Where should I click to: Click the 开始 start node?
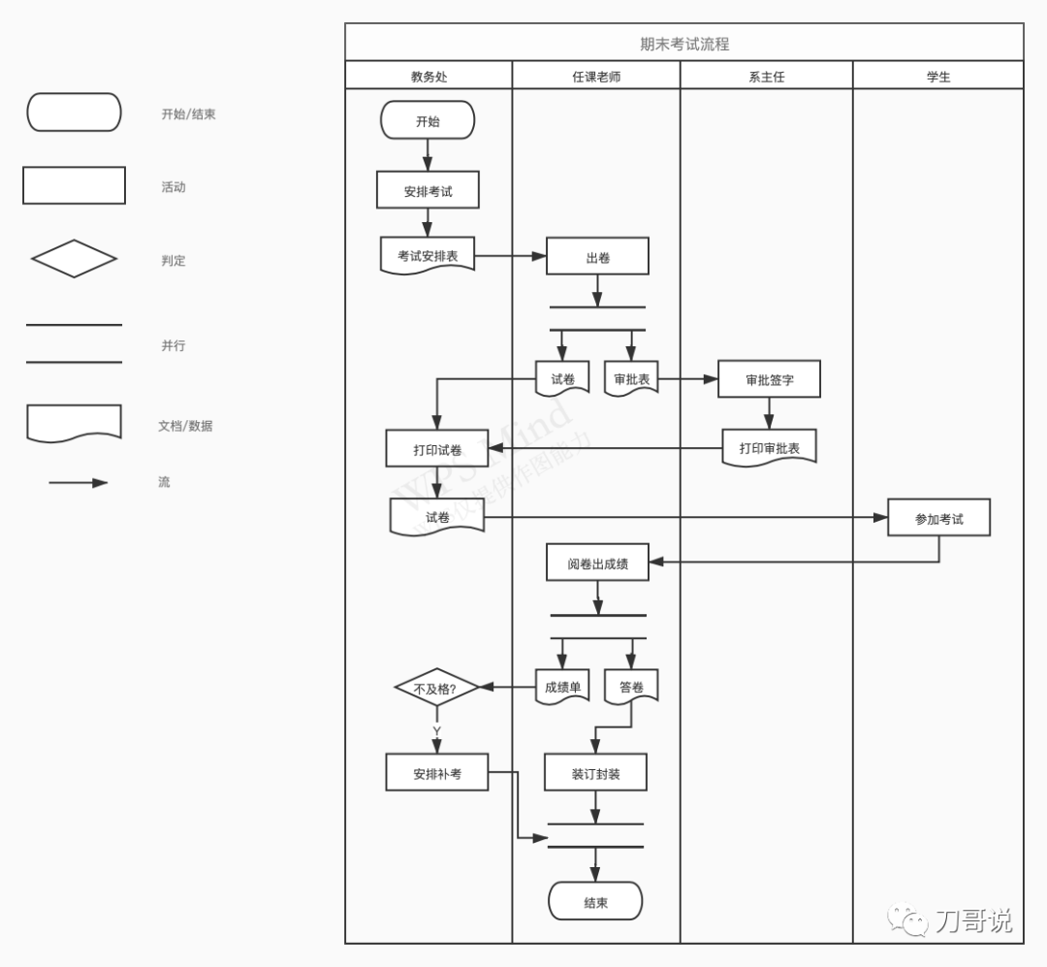(428, 121)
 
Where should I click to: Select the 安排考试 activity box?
(428, 191)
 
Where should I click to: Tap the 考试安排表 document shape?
(428, 256)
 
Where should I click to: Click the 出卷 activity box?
(597, 258)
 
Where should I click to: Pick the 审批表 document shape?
(631, 379)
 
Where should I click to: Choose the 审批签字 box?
(769, 379)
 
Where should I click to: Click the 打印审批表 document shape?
(769, 447)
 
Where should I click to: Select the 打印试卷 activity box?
(437, 449)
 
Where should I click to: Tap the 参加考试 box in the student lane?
(938, 518)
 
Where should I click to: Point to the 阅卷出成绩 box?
(597, 563)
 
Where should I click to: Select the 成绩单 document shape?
(562, 687)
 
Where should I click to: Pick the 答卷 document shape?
(631, 687)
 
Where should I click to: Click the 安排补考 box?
(437, 773)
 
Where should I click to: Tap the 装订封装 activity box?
(595, 773)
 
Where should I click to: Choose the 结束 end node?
(595, 902)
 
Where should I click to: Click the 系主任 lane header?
(766, 77)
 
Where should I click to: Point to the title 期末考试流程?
(684, 44)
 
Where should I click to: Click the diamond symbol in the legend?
(74, 259)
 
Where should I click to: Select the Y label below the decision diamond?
(436, 730)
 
